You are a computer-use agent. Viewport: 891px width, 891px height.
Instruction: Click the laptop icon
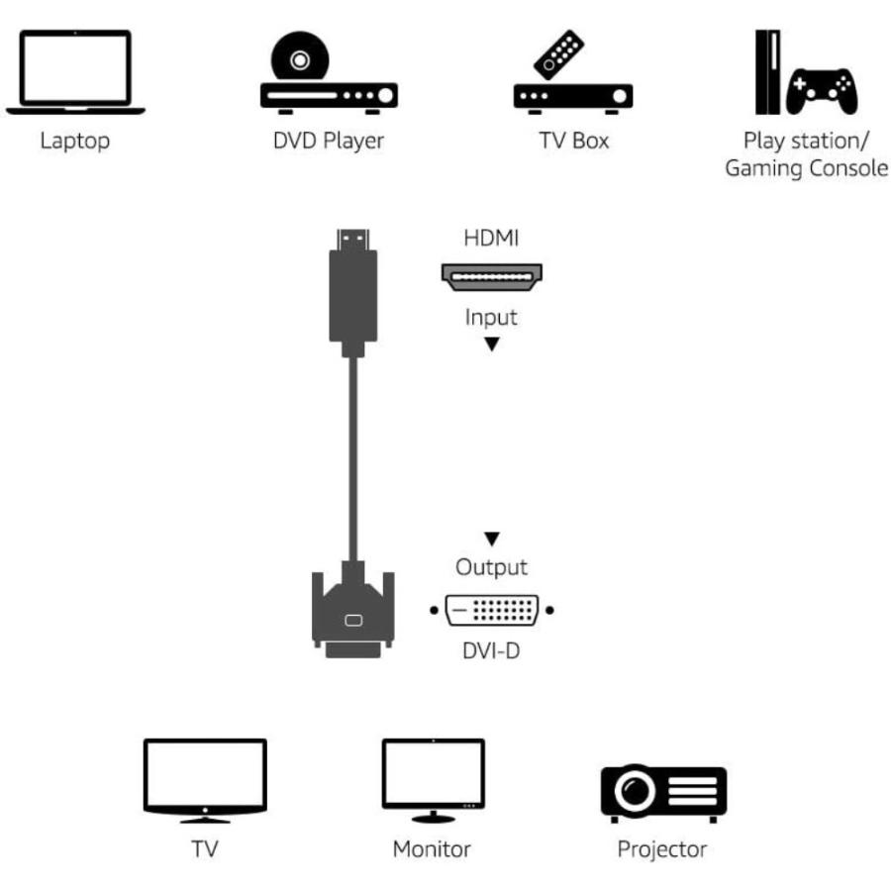[75, 71]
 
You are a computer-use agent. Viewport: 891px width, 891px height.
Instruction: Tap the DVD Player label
[329, 140]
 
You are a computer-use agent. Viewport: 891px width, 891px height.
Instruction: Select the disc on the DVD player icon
[298, 59]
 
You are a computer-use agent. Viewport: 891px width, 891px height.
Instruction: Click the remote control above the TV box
[559, 54]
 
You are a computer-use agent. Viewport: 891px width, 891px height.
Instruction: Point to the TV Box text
[574, 140]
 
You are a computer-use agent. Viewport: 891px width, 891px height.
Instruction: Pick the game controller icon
[821, 90]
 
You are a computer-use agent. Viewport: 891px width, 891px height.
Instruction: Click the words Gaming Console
[806, 168]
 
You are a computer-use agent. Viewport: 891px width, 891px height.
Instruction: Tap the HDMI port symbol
[491, 276]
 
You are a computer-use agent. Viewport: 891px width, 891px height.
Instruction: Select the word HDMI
[491, 239]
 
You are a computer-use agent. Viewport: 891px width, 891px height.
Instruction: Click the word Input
[491, 318]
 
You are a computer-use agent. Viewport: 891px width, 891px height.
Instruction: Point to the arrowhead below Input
[491, 344]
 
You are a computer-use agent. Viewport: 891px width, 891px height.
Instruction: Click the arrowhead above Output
[491, 540]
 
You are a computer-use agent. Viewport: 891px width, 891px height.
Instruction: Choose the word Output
[491, 568]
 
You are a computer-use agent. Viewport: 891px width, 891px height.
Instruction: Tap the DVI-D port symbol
[491, 610]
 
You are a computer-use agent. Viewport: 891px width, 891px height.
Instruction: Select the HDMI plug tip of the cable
[351, 240]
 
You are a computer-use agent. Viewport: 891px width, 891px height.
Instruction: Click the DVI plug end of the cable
[352, 614]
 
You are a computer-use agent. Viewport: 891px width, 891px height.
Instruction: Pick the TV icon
[205, 778]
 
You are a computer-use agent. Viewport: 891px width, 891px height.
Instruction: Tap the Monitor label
[432, 848]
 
